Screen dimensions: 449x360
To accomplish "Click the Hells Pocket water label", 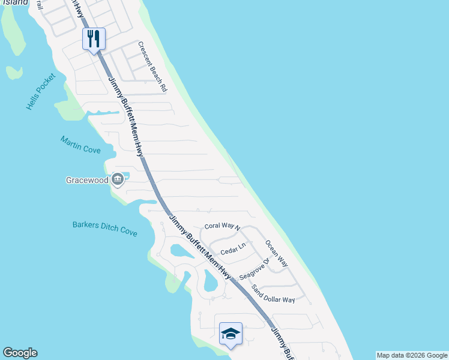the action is [x=41, y=92].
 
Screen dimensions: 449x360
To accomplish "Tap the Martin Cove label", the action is [x=80, y=145].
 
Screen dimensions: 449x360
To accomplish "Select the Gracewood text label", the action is [x=87, y=179].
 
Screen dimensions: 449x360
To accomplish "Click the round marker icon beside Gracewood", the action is [x=118, y=179].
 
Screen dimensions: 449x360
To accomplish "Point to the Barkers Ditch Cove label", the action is [x=104, y=229].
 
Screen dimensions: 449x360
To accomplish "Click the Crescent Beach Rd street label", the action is [x=152, y=66].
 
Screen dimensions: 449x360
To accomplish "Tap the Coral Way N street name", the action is [x=222, y=227].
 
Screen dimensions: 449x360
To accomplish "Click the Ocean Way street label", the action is [x=277, y=254].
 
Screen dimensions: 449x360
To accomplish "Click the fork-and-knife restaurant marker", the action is [x=94, y=39].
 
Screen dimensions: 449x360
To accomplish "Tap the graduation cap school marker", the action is [x=231, y=334].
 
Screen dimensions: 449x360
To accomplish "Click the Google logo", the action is [x=20, y=353].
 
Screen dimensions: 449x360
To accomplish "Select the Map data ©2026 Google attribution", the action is [x=412, y=355].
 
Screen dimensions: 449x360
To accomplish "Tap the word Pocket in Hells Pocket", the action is [x=47, y=84].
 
